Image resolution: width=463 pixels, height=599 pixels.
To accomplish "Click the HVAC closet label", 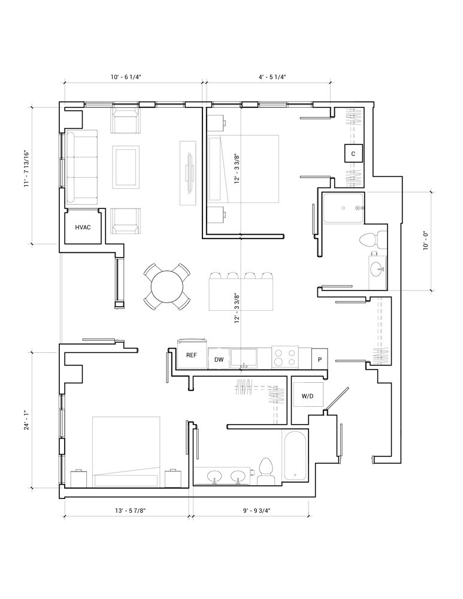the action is [83, 227].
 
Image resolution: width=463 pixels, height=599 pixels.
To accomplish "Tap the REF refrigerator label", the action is [192, 355].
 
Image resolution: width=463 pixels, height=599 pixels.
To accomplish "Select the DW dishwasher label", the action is [219, 360].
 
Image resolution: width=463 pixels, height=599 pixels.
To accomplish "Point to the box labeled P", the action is [319, 359].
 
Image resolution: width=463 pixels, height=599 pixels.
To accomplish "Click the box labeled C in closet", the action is [353, 153].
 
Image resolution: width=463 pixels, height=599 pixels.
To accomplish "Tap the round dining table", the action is [167, 286].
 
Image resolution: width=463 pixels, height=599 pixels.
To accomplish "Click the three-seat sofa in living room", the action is [81, 167].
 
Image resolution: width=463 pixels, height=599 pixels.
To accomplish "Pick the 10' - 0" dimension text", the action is [426, 241].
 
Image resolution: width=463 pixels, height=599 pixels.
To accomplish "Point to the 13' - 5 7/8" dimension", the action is [127, 510].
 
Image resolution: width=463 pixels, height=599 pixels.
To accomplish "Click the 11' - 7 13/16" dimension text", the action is [27, 168].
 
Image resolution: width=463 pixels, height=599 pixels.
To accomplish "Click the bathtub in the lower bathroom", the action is [295, 456].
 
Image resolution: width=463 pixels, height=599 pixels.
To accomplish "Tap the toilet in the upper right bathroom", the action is [374, 240].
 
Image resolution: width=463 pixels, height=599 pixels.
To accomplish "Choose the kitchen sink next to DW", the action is [243, 358].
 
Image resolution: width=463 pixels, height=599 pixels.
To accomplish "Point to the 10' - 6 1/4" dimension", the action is [126, 77].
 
